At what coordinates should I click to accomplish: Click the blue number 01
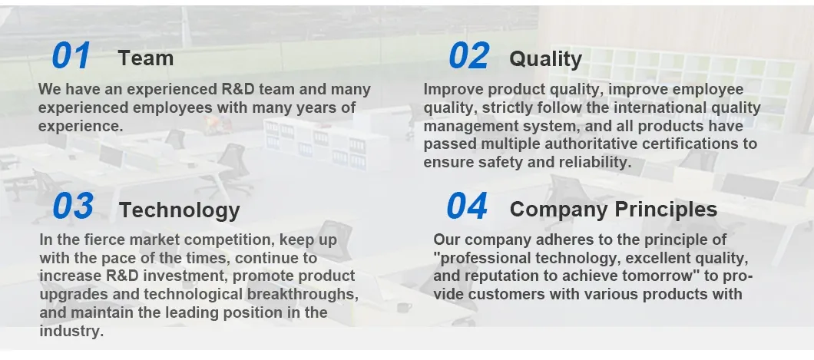[71, 56]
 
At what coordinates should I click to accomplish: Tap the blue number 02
[468, 56]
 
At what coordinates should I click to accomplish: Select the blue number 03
[73, 206]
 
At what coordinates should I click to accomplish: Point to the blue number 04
[467, 206]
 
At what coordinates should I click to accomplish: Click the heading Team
[145, 58]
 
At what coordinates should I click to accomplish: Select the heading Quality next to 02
[545, 58]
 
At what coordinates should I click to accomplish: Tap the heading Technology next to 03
[179, 210]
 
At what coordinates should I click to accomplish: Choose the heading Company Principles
[613, 209]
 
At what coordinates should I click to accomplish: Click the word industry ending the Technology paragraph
[70, 331]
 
